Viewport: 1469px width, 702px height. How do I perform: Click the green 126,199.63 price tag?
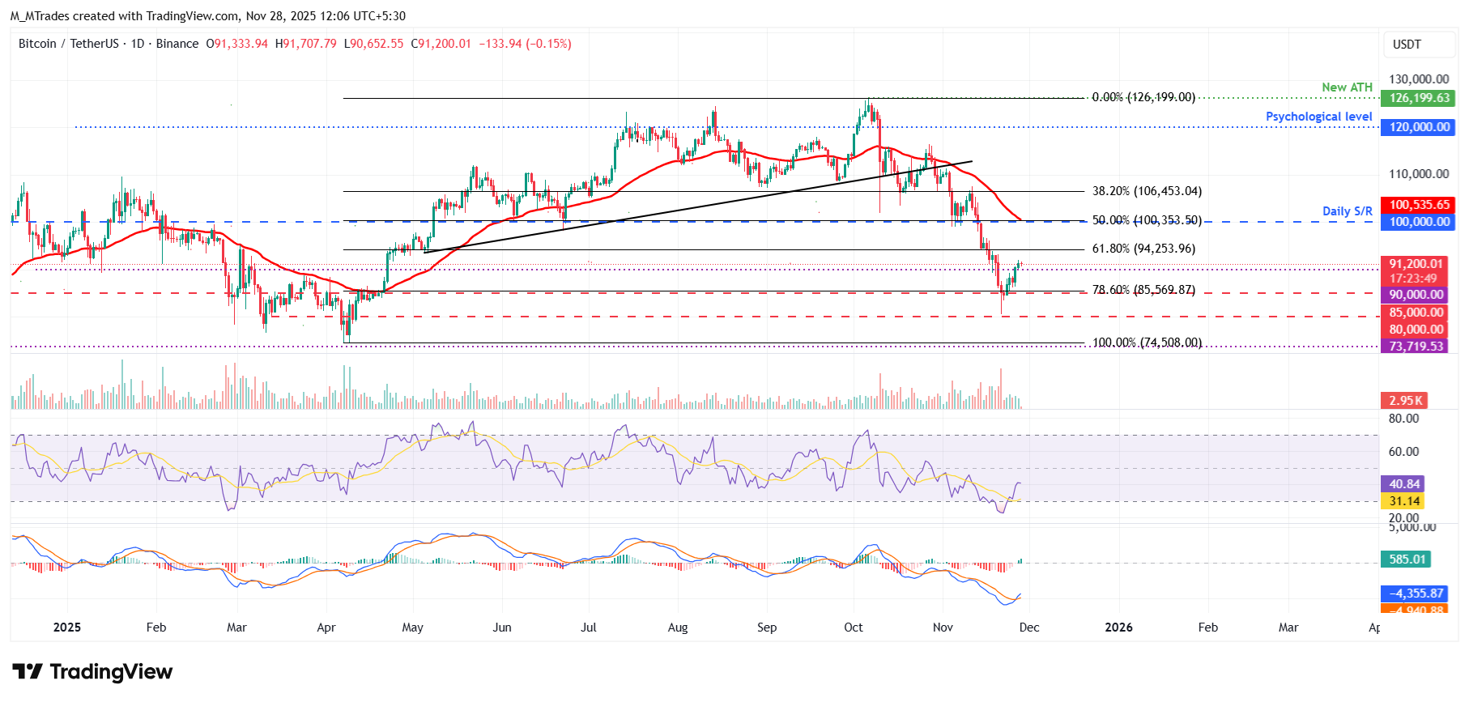tap(1419, 98)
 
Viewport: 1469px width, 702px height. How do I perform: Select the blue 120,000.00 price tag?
tap(1419, 127)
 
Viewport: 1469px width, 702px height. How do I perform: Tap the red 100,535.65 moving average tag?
tap(1419, 205)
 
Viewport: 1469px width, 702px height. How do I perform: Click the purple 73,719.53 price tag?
tap(1416, 346)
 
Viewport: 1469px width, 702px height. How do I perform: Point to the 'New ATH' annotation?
tap(1347, 87)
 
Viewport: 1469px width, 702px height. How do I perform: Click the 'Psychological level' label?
tap(1318, 117)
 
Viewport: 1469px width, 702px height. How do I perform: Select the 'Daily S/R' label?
tap(1347, 211)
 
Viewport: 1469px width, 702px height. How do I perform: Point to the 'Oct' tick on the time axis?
tap(854, 628)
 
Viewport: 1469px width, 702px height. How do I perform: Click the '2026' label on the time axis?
tap(1118, 628)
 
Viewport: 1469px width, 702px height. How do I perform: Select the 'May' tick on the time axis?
tap(412, 628)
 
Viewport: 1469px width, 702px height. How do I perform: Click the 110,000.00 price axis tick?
tap(1419, 174)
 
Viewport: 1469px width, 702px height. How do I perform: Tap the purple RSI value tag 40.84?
tap(1404, 484)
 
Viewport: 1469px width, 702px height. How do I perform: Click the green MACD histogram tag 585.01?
tap(1407, 559)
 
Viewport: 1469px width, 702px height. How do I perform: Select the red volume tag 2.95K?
tap(1405, 401)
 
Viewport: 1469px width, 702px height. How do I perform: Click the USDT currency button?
tap(1407, 45)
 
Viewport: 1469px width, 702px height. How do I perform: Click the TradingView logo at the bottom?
tap(92, 672)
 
